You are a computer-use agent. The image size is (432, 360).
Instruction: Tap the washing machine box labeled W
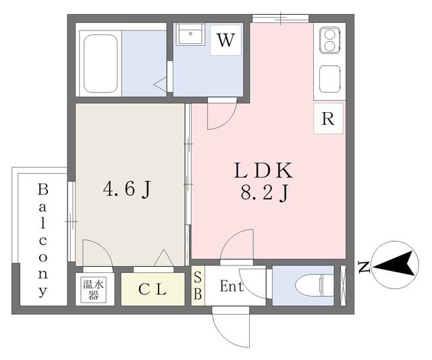(x=225, y=40)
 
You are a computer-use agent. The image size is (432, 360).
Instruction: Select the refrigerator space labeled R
(x=328, y=119)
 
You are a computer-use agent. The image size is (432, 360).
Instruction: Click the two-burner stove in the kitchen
(x=329, y=40)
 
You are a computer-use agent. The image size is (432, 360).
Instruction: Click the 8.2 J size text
(x=265, y=195)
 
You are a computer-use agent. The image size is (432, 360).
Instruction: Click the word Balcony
(x=42, y=239)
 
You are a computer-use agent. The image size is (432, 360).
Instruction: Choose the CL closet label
(x=153, y=290)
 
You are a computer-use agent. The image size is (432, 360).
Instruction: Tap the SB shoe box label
(x=197, y=286)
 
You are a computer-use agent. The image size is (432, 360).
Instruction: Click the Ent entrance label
(x=232, y=286)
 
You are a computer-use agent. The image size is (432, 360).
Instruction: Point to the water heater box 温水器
(x=94, y=289)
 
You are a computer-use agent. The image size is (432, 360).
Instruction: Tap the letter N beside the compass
(x=363, y=267)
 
